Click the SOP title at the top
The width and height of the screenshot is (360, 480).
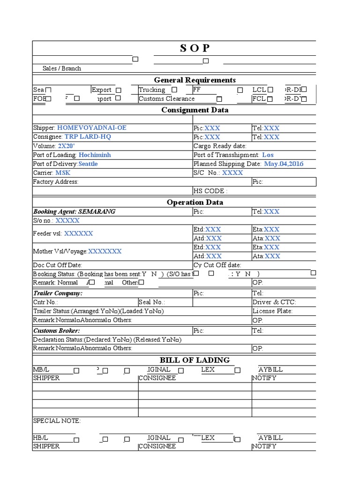click(x=195, y=48)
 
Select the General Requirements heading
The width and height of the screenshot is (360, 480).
click(x=195, y=80)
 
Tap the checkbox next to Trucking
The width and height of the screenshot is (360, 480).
click(x=174, y=90)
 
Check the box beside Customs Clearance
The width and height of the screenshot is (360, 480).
click(x=219, y=99)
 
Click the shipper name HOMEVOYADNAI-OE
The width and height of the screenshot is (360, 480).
click(x=91, y=127)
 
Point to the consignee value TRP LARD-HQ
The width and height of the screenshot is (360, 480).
click(x=88, y=137)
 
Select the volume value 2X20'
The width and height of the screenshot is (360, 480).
click(x=67, y=146)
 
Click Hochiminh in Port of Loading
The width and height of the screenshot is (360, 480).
click(x=95, y=155)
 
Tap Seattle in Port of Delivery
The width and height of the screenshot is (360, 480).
click(x=88, y=164)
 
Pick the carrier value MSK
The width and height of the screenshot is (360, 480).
click(x=63, y=173)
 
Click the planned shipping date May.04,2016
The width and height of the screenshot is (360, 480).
click(x=284, y=164)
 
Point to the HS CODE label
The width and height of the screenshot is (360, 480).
click(x=210, y=191)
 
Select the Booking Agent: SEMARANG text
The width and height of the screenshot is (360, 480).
click(x=74, y=211)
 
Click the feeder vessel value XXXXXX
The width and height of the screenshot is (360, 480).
click(x=78, y=233)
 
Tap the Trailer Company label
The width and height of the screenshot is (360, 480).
click(x=58, y=293)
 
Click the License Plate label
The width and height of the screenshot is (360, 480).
click(x=272, y=311)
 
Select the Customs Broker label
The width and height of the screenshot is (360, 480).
click(x=56, y=330)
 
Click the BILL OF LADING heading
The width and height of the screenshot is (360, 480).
click(x=195, y=360)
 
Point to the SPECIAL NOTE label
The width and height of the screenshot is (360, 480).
click(x=57, y=421)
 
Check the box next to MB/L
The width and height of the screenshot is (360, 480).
click(x=76, y=370)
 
